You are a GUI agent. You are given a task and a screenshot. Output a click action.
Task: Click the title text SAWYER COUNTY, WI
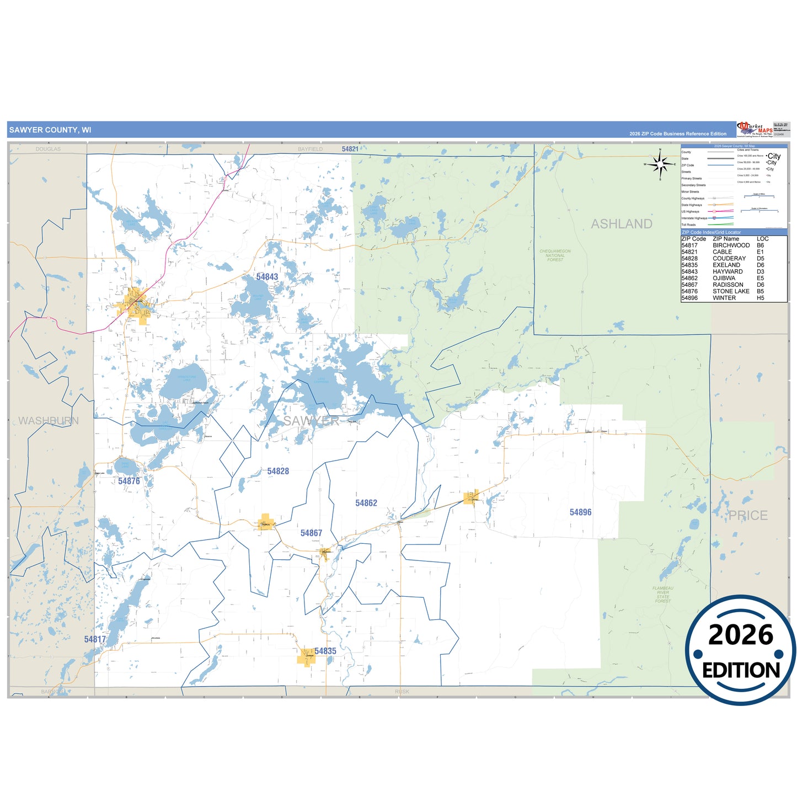click(50, 130)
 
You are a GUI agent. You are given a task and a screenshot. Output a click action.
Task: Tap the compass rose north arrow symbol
click(660, 164)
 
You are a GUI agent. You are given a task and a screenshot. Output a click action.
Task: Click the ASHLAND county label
click(622, 224)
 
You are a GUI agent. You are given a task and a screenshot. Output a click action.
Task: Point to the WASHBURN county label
click(49, 421)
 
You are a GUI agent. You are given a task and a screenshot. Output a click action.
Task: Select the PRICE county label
click(748, 516)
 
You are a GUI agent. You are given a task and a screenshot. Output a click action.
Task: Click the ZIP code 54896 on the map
click(580, 512)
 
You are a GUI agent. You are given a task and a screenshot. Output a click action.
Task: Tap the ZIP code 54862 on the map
click(366, 503)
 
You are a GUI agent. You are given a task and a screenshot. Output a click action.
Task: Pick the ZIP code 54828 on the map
click(278, 471)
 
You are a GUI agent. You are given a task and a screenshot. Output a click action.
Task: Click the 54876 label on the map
click(129, 481)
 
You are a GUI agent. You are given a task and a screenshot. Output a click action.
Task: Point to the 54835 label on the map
click(325, 651)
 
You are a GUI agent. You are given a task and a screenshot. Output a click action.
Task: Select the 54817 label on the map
click(95, 639)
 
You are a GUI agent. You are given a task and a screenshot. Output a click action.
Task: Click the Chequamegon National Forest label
click(555, 255)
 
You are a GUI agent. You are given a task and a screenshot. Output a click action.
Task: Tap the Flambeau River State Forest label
click(663, 595)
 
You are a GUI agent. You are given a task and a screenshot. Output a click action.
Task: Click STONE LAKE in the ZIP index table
click(731, 291)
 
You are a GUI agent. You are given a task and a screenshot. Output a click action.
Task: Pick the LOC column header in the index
click(762, 239)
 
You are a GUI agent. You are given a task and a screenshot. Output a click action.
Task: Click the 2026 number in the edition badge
click(741, 635)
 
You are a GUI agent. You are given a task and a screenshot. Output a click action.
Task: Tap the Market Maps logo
click(755, 129)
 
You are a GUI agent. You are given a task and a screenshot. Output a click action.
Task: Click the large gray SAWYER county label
click(311, 421)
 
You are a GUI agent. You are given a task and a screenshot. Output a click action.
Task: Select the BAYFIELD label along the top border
click(310, 149)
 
